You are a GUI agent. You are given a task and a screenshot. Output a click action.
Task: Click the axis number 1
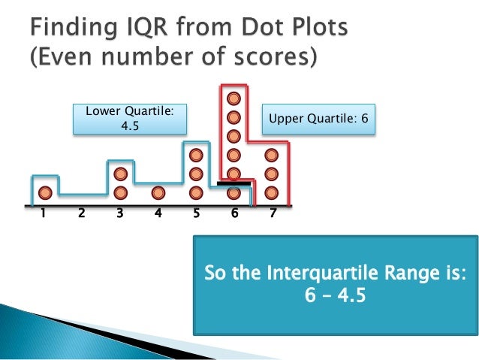(43, 213)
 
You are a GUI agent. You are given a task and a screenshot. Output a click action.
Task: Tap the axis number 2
(81, 213)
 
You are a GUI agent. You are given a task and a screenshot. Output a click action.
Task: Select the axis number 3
(120, 213)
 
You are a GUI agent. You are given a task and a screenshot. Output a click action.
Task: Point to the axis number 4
(158, 213)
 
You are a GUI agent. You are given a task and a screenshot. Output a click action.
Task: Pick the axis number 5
(196, 213)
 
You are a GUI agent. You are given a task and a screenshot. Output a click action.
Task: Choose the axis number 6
(234, 213)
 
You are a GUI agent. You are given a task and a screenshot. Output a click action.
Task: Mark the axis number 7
(272, 213)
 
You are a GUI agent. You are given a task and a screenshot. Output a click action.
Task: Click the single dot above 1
(45, 192)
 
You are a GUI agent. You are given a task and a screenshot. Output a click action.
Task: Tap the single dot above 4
(158, 192)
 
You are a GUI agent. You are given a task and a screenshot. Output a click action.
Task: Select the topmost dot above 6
(233, 98)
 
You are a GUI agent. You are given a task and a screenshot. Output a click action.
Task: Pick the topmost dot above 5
(196, 155)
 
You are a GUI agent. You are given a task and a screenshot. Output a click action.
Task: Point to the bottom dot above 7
(272, 192)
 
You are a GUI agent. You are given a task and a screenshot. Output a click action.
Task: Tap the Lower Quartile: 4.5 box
(130, 119)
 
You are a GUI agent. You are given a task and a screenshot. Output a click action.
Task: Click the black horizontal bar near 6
(233, 183)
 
